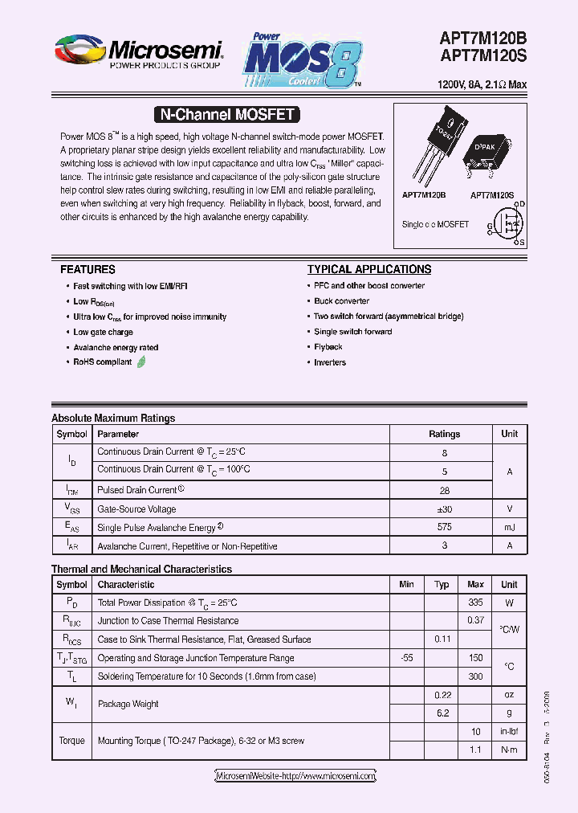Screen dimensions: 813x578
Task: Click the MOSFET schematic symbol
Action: [x=509, y=223]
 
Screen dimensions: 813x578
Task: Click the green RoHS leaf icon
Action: [x=142, y=362]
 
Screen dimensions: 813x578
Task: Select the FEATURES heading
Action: [x=88, y=270]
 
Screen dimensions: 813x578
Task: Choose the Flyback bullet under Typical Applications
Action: [x=328, y=347]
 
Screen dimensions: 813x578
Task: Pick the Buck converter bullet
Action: [x=342, y=301]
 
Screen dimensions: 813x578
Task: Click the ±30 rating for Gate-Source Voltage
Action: [x=444, y=509]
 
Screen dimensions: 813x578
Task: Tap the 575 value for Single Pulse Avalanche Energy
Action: [x=444, y=528]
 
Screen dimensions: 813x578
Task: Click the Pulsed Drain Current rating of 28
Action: [x=444, y=490]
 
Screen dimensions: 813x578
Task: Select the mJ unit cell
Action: [x=510, y=528]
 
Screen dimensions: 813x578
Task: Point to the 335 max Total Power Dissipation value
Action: [x=475, y=603]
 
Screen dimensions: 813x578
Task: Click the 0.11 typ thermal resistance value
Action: [x=442, y=639]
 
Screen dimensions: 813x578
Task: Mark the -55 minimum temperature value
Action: [x=406, y=658]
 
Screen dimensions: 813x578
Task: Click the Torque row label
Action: [x=71, y=741]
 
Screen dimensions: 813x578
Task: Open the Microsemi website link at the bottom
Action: [x=295, y=776]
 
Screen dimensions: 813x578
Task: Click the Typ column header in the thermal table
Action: [x=442, y=585]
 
